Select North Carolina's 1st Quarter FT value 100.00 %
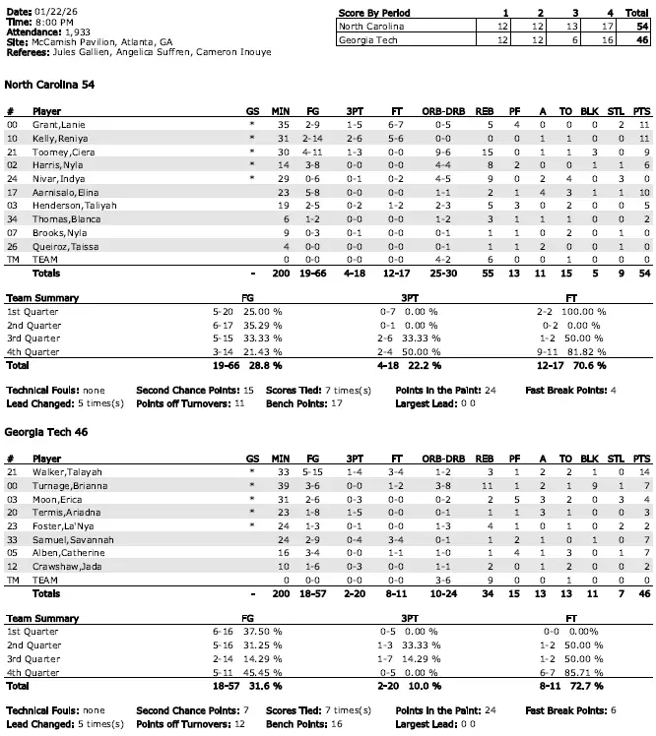[586, 311]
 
